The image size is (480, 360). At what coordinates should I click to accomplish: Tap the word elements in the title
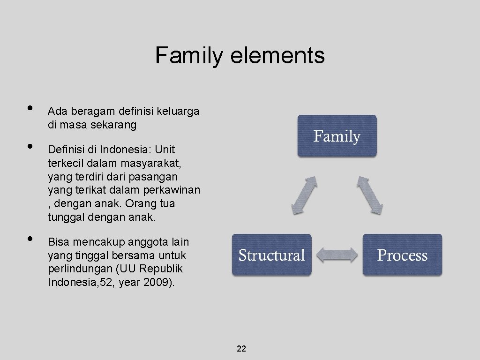277,55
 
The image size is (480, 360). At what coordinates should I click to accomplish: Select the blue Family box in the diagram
337,136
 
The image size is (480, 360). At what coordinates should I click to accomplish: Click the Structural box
271,255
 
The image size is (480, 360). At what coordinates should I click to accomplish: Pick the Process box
402,255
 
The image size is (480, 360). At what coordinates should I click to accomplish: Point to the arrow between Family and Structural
304,195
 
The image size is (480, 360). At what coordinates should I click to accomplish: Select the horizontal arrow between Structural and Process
337,255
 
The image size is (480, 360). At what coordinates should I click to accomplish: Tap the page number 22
241,349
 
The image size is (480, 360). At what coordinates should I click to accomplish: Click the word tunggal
64,217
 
